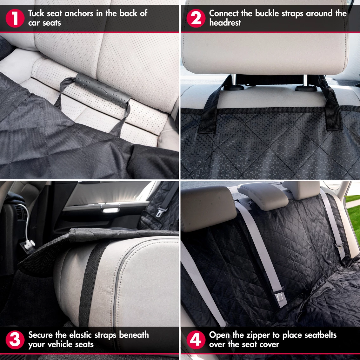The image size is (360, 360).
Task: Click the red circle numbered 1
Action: (15, 18)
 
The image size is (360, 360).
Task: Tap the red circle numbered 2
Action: (196, 18)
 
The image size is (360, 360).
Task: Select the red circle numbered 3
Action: (15, 340)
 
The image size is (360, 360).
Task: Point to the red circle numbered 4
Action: (196, 340)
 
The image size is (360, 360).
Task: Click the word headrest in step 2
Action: (225, 23)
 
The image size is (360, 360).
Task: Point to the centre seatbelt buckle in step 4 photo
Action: (279, 297)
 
